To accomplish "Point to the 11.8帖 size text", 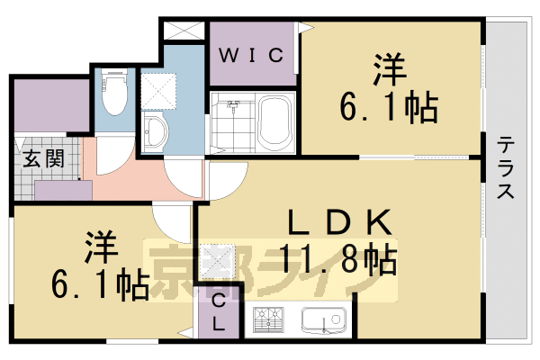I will click(337, 259).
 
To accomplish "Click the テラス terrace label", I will click(507, 167).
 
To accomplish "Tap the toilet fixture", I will click(113, 94).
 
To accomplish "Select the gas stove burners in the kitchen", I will click(266, 320).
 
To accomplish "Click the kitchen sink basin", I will click(323, 321).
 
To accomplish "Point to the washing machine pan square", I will click(163, 89).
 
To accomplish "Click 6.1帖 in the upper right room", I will click(388, 109).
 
